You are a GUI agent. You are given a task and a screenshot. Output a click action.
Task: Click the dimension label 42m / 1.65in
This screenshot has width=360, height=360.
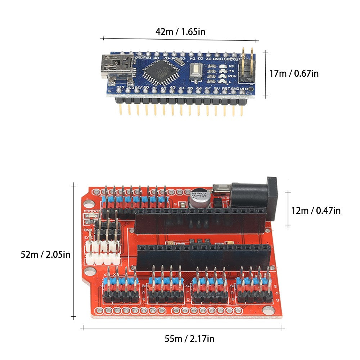click(180, 32)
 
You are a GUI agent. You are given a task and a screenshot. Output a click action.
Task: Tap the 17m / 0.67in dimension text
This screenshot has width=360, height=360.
click(294, 74)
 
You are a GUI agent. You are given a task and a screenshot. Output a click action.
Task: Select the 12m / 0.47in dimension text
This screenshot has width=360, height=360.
click(316, 211)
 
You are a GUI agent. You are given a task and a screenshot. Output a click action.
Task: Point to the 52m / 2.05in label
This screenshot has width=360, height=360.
click(45, 255)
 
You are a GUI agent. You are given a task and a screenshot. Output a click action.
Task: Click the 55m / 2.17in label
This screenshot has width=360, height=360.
click(189, 339)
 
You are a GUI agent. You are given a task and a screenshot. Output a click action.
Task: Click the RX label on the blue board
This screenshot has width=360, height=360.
click(231, 66)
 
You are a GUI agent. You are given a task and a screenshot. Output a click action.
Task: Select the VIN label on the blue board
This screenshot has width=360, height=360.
click(244, 88)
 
